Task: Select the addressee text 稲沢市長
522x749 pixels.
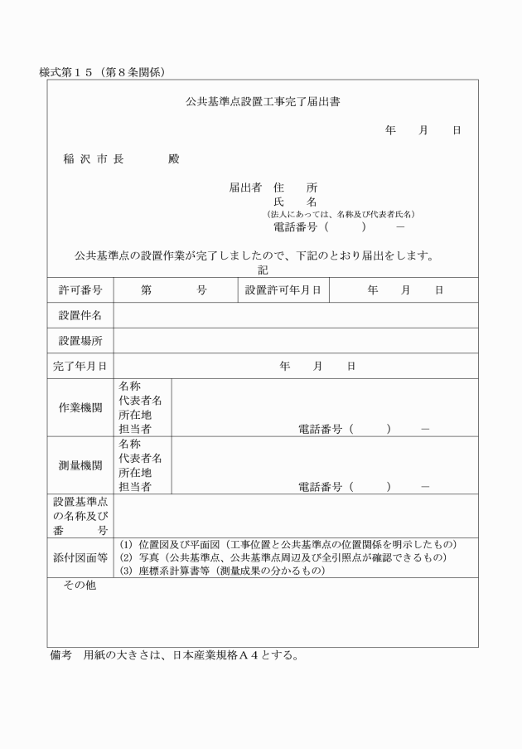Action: click(94, 159)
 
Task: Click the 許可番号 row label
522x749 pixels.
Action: click(80, 290)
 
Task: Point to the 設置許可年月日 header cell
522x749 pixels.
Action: click(283, 290)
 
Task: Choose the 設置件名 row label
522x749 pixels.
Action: click(80, 315)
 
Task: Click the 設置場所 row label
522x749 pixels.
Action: click(80, 341)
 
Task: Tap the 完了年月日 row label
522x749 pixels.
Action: click(80, 366)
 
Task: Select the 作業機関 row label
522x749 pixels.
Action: click(80, 407)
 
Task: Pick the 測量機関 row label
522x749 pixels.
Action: click(80, 465)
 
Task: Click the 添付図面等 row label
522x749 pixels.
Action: click(80, 557)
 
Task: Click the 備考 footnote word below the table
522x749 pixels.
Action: click(61, 656)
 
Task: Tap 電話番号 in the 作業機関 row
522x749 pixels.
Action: click(320, 430)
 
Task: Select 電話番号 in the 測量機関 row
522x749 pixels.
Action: click(320, 488)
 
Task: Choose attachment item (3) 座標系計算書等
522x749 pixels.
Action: click(225, 571)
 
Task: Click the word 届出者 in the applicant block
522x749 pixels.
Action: click(245, 187)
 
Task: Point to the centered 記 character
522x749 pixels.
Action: click(263, 270)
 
